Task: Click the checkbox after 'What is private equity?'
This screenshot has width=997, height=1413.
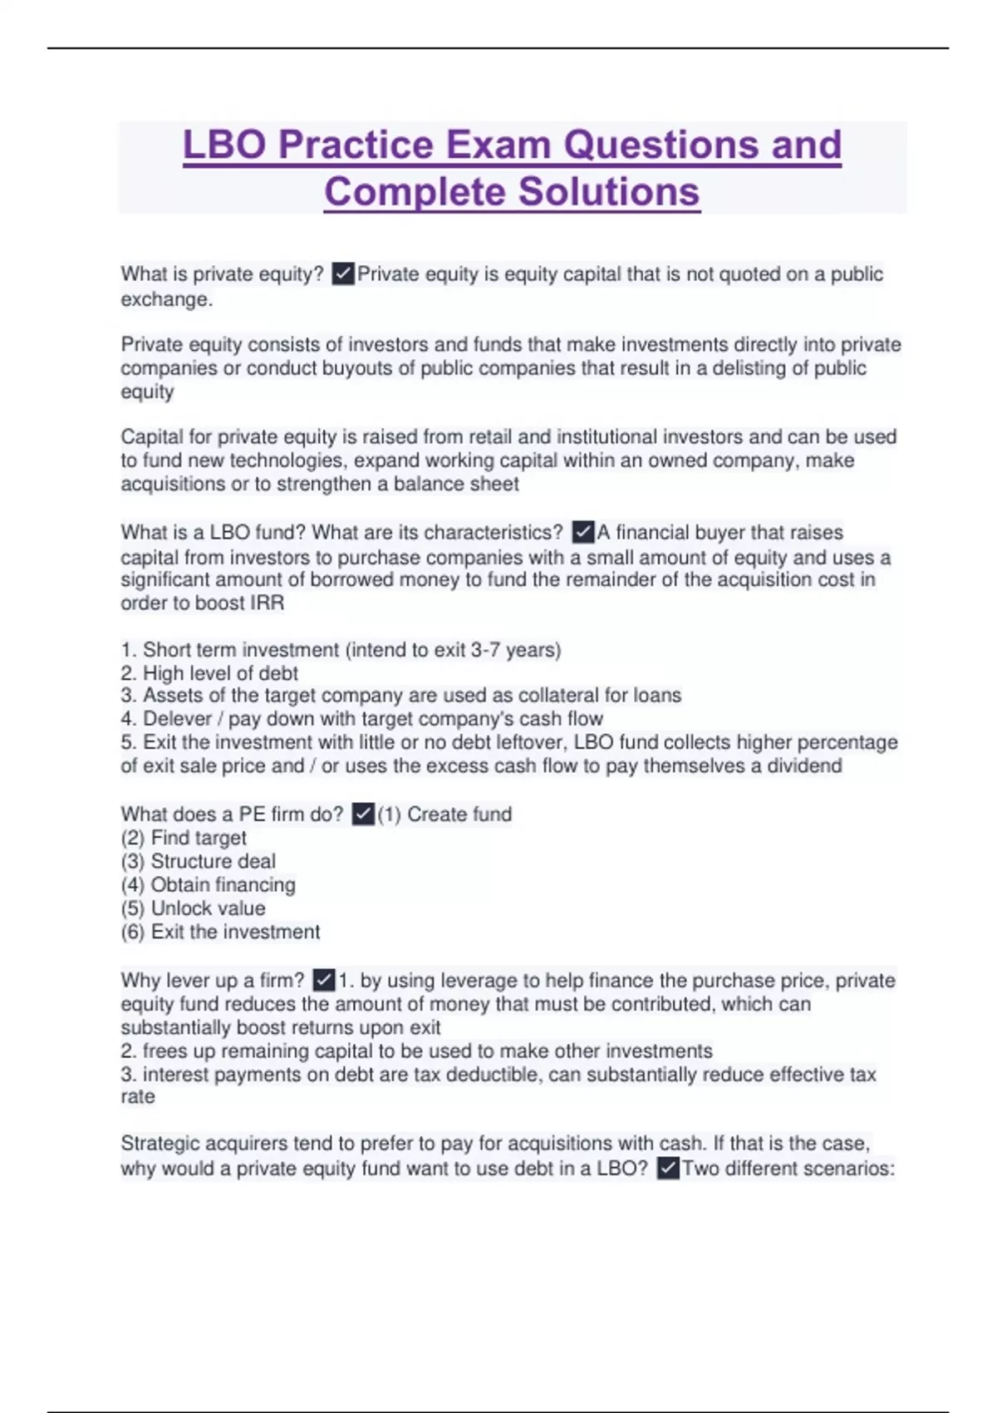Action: (342, 273)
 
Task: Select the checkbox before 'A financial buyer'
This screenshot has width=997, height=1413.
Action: (583, 532)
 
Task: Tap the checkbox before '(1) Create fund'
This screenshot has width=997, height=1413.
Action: (363, 814)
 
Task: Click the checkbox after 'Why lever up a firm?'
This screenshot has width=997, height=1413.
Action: (324, 980)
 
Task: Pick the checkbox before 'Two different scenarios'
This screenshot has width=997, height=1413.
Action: (668, 1168)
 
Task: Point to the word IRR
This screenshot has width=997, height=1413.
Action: (266, 603)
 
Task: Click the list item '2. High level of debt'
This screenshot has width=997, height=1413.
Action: (209, 673)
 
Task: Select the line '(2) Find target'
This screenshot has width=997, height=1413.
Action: (184, 838)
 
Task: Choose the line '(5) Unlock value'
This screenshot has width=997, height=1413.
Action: (193, 908)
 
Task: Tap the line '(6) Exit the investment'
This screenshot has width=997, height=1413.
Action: (220, 932)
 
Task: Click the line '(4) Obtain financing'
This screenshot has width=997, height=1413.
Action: (208, 885)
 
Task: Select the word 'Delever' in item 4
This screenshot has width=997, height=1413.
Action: (177, 719)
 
